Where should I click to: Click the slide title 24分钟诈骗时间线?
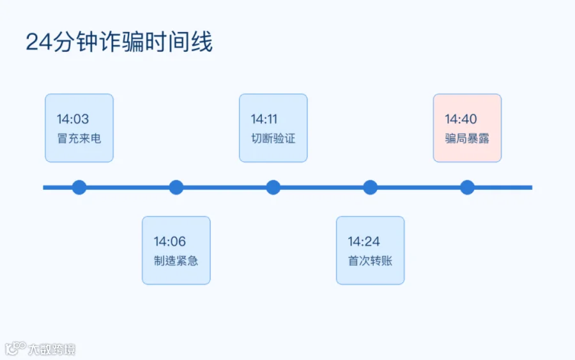pos(119,42)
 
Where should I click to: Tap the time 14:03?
pos(73,119)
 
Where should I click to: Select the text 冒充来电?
pos(79,138)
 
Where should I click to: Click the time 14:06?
pos(170,241)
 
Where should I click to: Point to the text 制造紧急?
pos(176,260)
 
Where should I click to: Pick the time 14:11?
pos(264,119)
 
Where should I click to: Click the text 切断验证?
pos(273,138)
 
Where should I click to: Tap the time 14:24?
pos(364,241)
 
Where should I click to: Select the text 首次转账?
pos(370,260)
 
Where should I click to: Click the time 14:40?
pos(461,119)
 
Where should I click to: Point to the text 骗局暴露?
pos(467,138)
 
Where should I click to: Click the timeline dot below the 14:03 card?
pos(79,187)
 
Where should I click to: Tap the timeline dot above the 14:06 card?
pos(176,187)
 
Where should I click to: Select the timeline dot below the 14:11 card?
pos(273,187)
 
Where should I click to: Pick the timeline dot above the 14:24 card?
pos(371,187)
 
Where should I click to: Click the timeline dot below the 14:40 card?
pos(467,187)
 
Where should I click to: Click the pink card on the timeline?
pos(467,128)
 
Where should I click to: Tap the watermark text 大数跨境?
pos(52,349)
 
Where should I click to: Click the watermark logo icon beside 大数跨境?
pos(15,348)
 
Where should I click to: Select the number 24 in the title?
pos(39,42)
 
